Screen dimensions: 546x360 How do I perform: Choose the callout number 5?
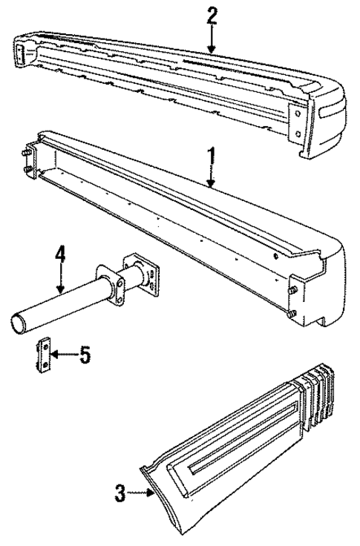pyautogui.click(x=85, y=355)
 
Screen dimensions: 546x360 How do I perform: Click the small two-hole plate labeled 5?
pyautogui.click(x=43, y=355)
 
